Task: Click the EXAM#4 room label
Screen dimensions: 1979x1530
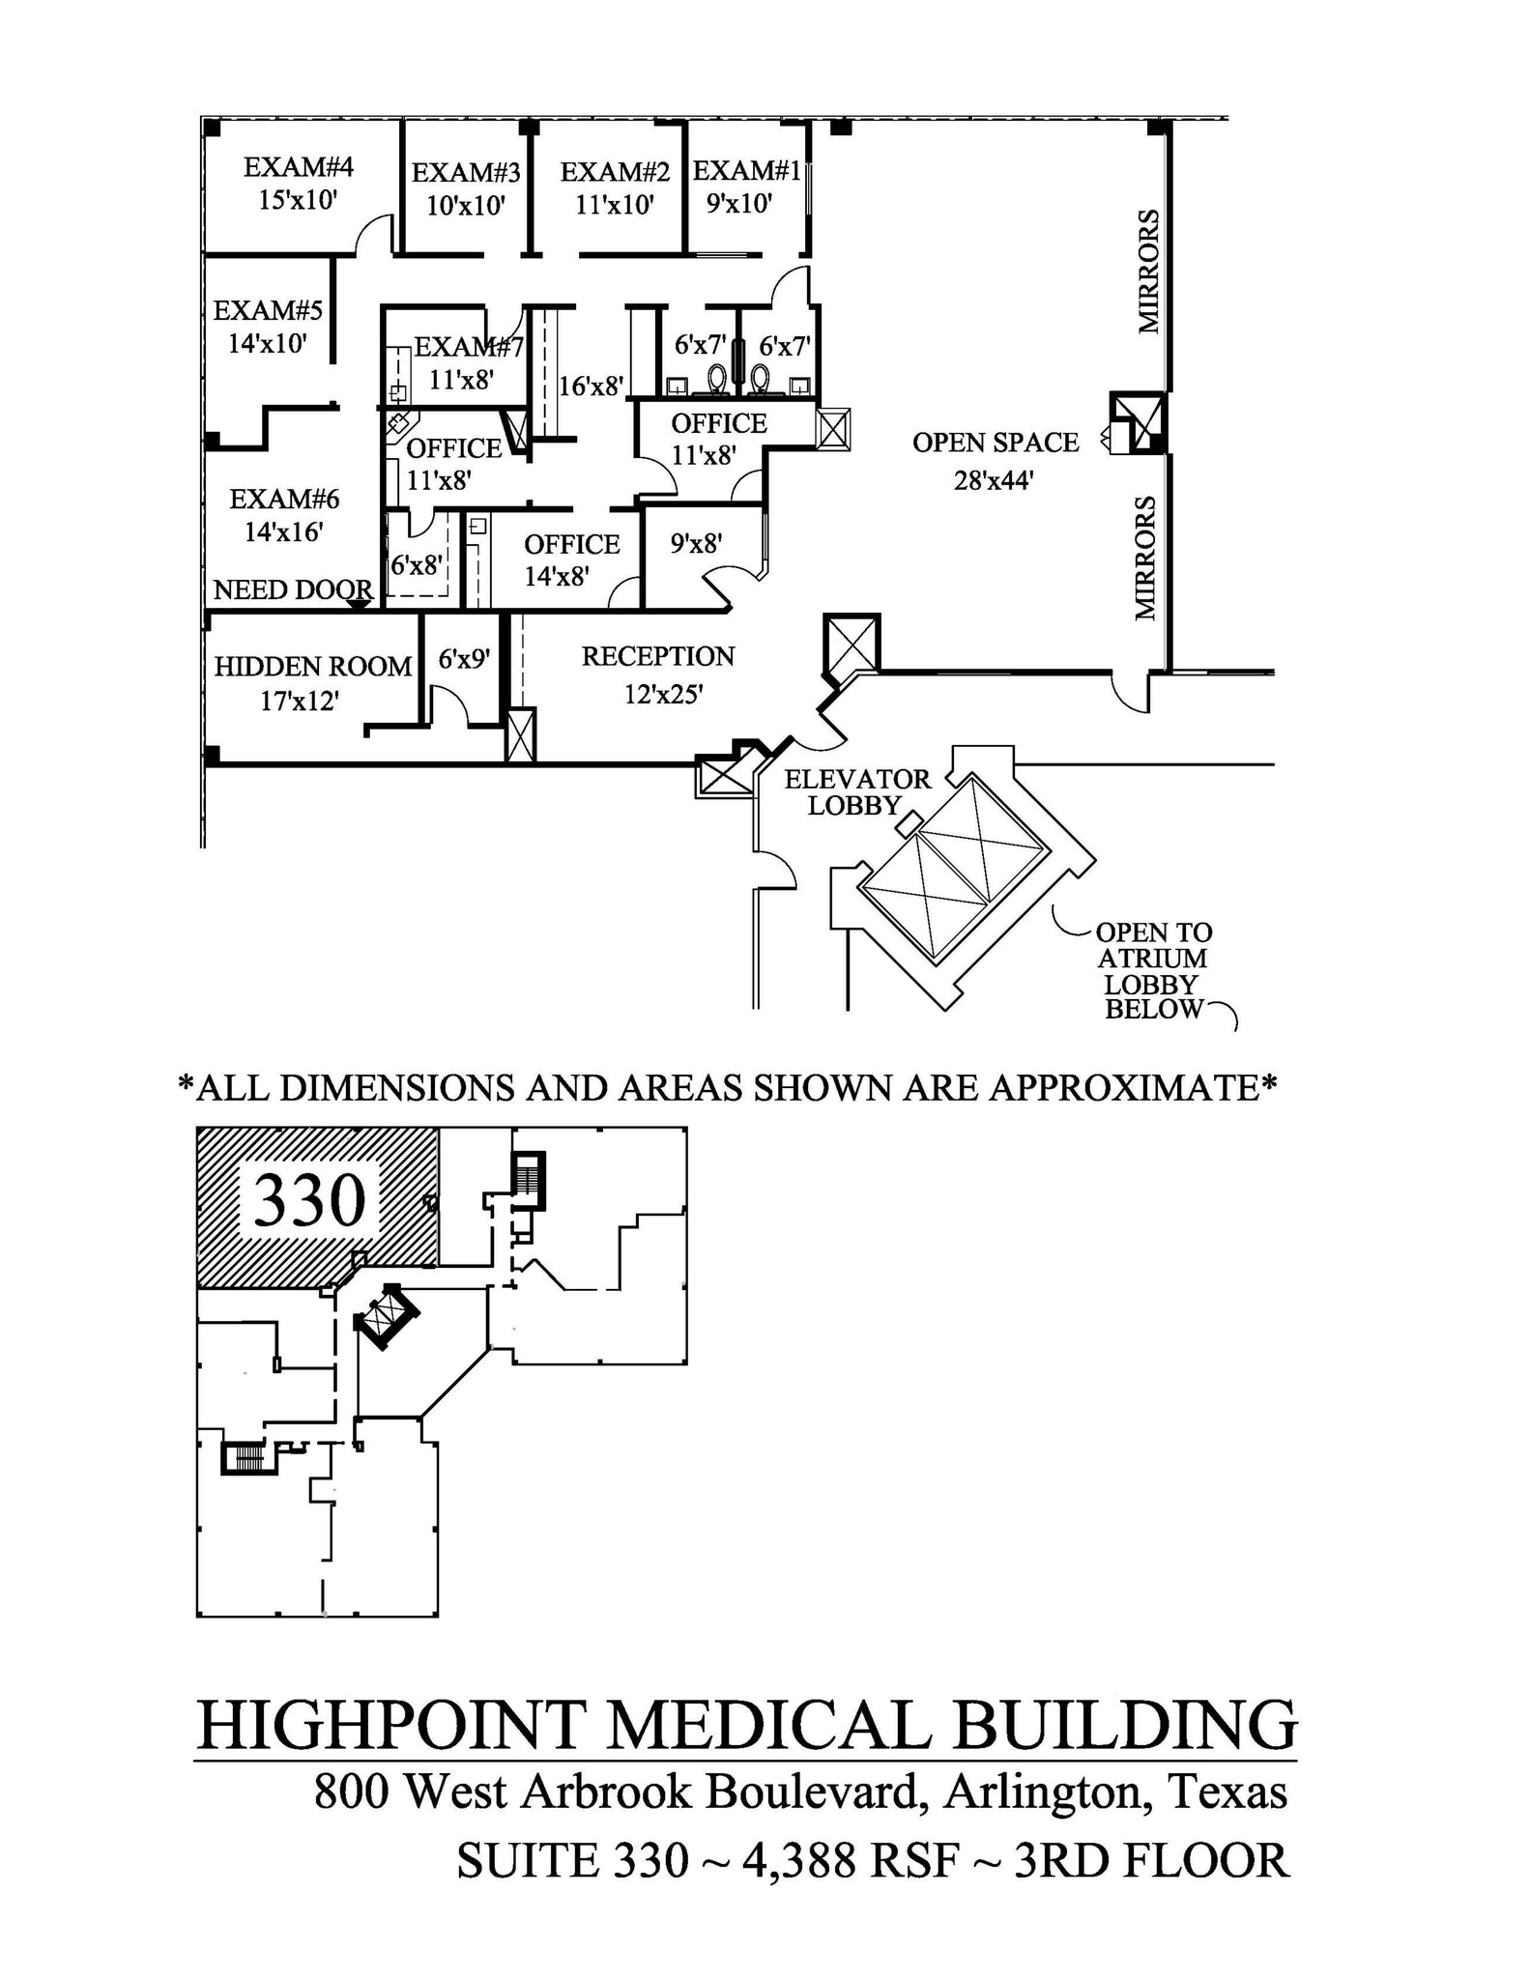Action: point(298,167)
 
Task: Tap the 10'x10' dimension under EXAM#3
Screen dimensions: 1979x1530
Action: point(466,206)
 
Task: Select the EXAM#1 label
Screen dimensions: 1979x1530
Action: point(746,171)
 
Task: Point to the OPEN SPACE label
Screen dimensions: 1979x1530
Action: point(995,443)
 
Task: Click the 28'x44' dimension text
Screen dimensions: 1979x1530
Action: point(994,480)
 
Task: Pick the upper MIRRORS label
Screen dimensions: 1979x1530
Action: point(1148,272)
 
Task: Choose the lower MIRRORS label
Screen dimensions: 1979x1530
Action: point(1145,558)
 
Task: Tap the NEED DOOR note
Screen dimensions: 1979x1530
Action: point(292,589)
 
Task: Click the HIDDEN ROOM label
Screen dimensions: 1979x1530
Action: point(312,667)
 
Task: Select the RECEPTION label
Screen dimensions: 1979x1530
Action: point(657,657)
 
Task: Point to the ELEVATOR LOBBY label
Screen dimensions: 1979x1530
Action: point(856,791)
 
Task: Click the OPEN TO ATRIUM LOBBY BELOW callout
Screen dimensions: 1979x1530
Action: point(1153,970)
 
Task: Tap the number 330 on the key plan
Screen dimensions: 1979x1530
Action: point(309,1201)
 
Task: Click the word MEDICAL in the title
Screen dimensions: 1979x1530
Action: point(772,1725)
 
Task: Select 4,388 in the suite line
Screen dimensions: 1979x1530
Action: point(799,1860)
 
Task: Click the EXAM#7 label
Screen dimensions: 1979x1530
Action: point(468,346)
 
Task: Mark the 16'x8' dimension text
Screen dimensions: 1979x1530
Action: point(591,387)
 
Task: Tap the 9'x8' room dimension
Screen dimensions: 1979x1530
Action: point(696,543)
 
